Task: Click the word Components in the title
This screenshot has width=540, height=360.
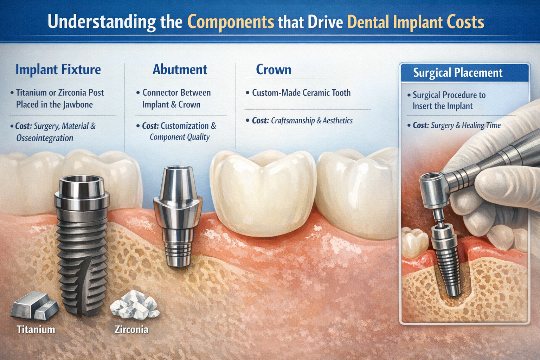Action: coord(231,22)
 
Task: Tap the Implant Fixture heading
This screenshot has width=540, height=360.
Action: coord(58,69)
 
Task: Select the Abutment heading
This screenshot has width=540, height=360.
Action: coord(180,69)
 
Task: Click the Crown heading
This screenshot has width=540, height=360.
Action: coord(274,70)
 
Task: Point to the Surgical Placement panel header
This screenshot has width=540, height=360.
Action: coord(458,73)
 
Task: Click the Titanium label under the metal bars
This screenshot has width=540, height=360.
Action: coord(36,329)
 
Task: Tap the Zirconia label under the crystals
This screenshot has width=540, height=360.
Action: coord(131,329)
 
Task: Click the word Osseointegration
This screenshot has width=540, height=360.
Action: coord(45,138)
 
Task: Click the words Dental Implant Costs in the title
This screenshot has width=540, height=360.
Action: coord(416,22)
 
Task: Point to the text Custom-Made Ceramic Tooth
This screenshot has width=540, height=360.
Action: coord(301,93)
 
